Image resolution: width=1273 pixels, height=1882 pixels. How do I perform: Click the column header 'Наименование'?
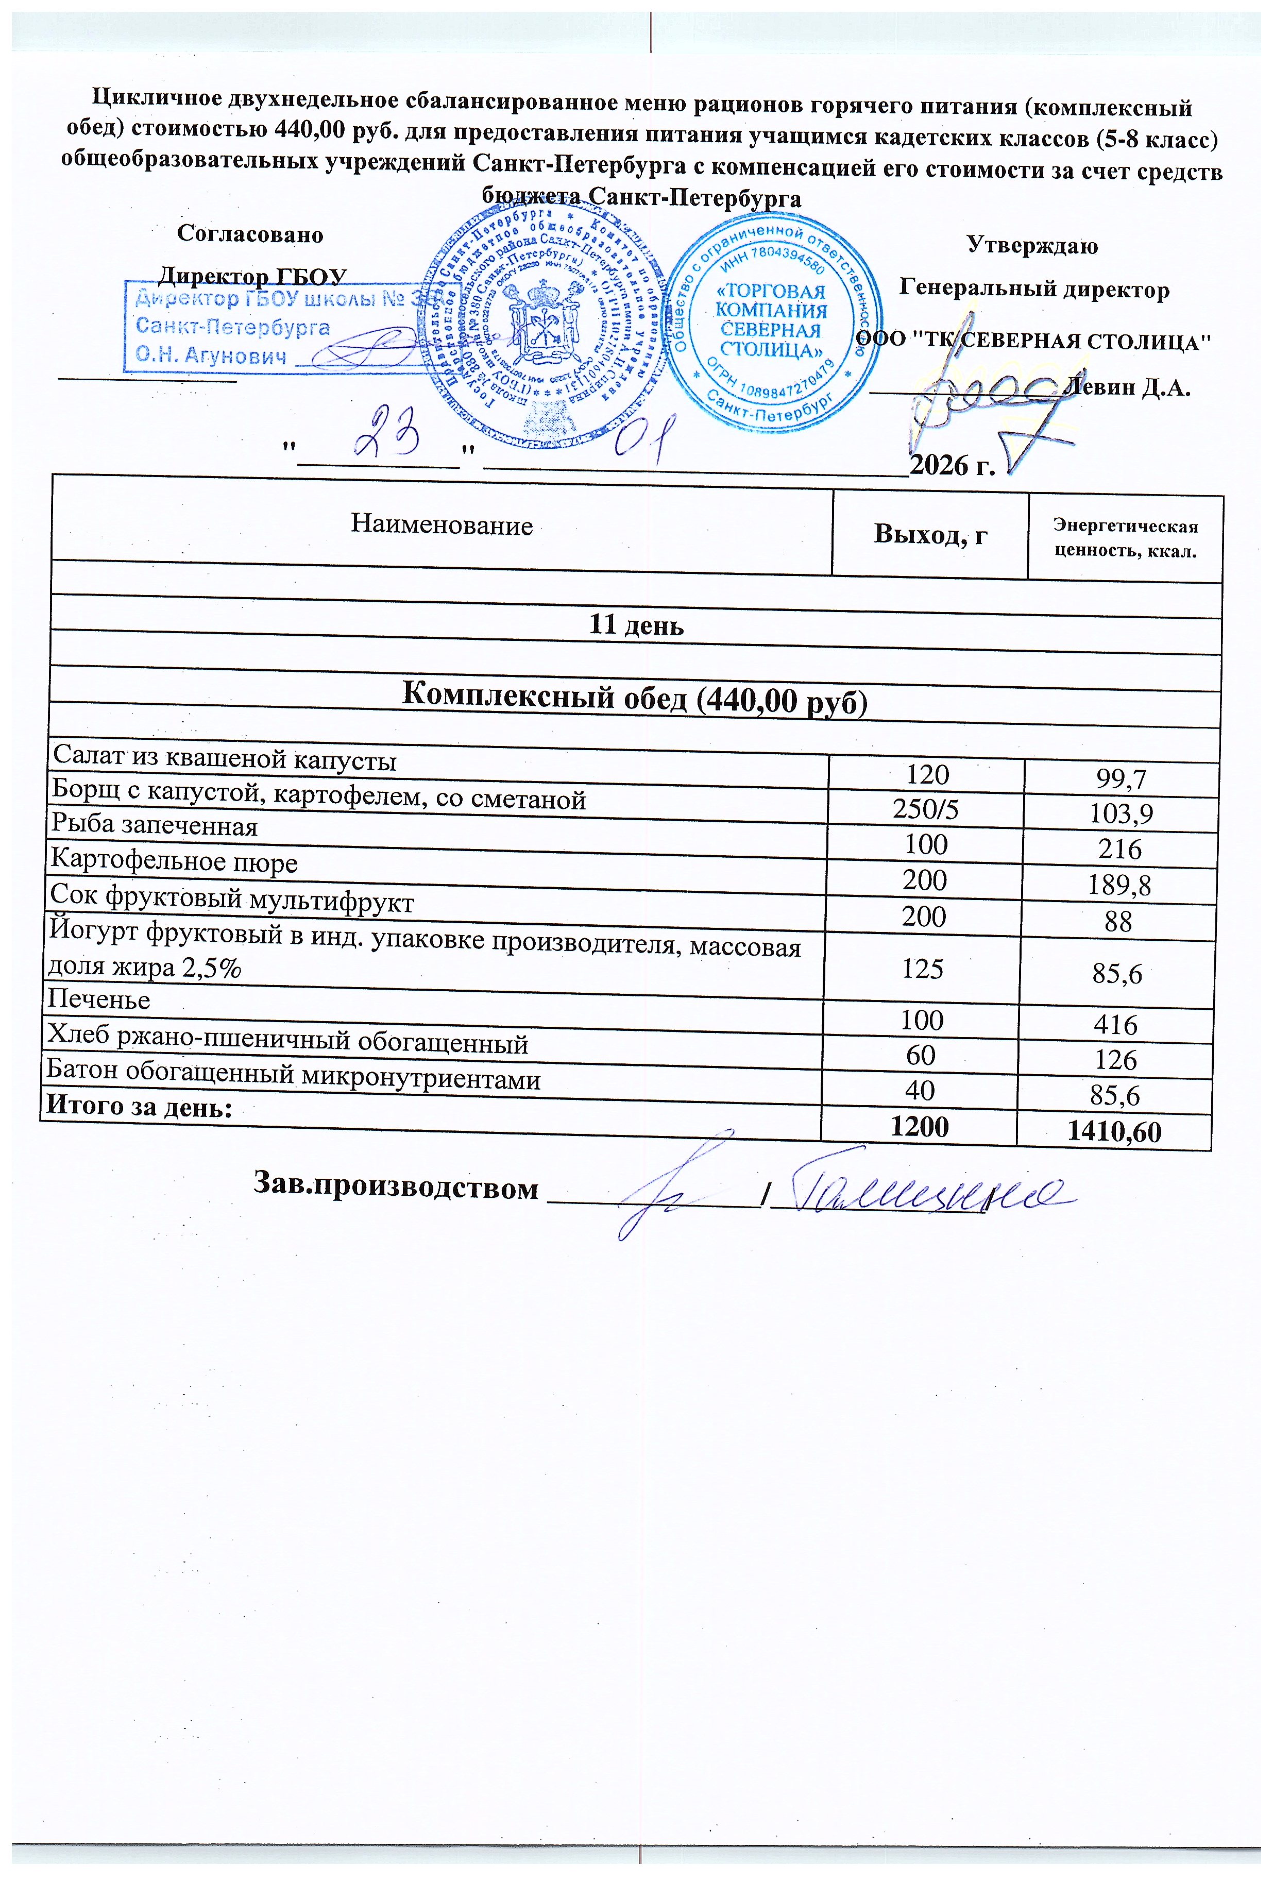click(442, 525)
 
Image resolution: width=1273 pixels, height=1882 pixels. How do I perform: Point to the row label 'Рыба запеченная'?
click(155, 825)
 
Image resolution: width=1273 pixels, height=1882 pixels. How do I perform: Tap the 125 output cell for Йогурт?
click(923, 969)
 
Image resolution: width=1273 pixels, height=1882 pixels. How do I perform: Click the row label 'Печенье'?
click(99, 999)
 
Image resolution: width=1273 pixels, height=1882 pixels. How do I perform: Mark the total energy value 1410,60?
click(1114, 1132)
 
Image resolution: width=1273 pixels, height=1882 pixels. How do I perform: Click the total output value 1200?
click(919, 1126)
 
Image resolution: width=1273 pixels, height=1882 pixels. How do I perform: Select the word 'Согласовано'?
click(250, 235)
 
